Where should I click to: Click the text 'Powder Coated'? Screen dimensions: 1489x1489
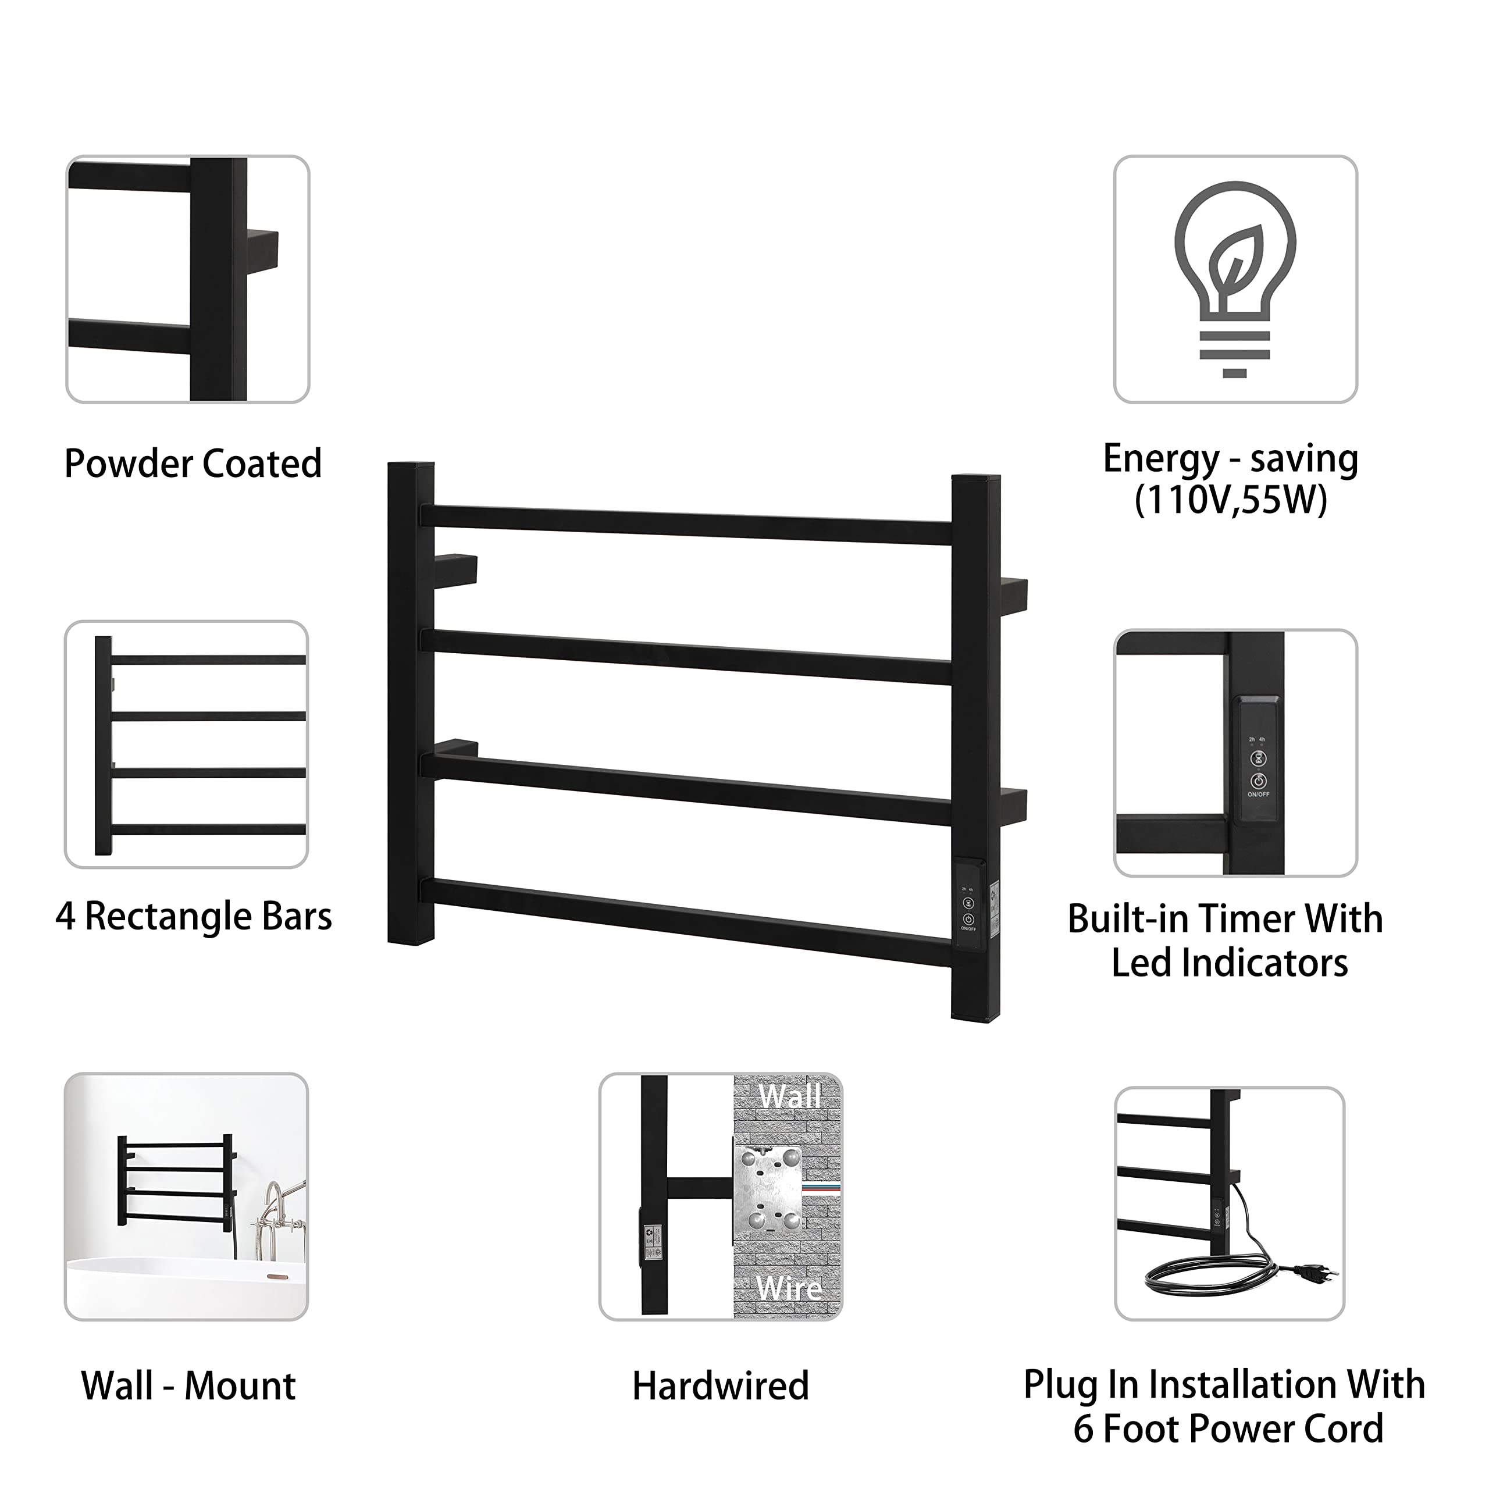pyautogui.click(x=193, y=464)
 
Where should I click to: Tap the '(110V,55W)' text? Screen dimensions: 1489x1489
pyautogui.click(x=1231, y=501)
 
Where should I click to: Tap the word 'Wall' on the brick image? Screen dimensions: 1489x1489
pyautogui.click(x=789, y=1096)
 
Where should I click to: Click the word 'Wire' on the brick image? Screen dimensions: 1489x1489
pyautogui.click(x=789, y=1288)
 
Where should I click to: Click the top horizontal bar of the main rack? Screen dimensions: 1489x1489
pyautogui.click(x=686, y=525)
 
